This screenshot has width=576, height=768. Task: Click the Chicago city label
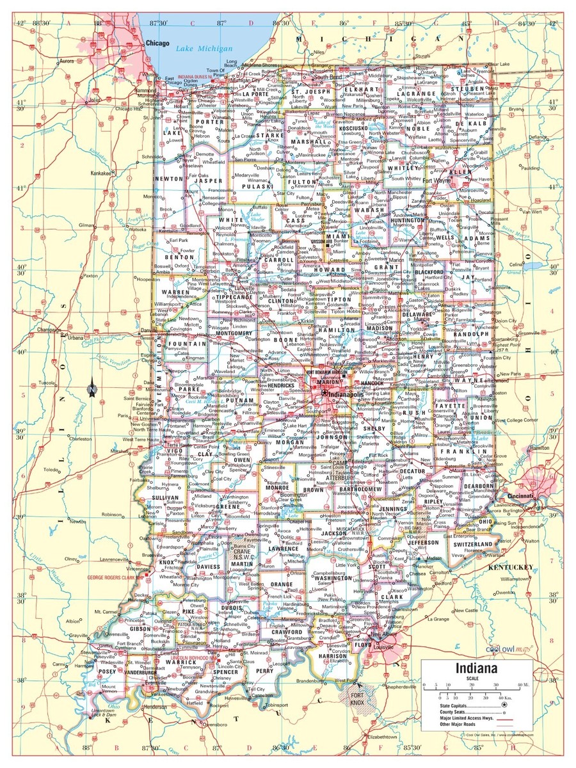tap(157, 42)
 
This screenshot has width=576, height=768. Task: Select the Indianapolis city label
tap(346, 395)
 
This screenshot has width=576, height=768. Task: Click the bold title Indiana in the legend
tap(477, 669)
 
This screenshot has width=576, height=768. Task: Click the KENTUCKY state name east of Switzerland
tap(511, 567)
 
